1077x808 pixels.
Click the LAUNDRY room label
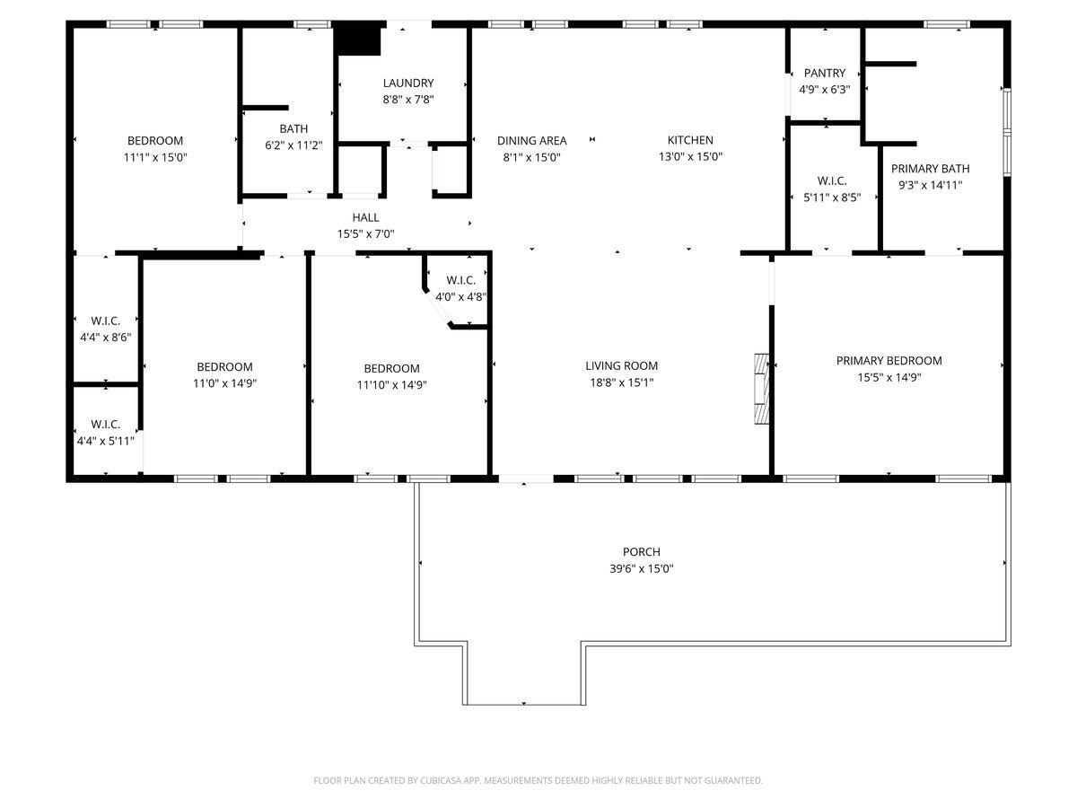click(x=407, y=83)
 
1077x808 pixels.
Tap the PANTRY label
click(x=824, y=73)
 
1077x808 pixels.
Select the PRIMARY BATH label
click(x=930, y=168)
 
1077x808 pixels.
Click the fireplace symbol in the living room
click(x=762, y=388)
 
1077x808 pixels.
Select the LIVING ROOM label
click(x=621, y=365)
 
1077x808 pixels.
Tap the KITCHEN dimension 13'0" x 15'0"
click(x=690, y=156)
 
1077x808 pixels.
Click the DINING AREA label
click(x=531, y=140)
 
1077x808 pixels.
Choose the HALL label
click(x=365, y=217)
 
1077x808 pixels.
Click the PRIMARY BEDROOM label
click(x=889, y=361)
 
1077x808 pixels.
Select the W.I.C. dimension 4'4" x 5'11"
click(x=105, y=440)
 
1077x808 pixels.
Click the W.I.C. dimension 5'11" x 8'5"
click(x=832, y=198)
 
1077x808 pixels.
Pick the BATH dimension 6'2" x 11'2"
click(x=293, y=145)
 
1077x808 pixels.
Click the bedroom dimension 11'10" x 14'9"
click(x=391, y=384)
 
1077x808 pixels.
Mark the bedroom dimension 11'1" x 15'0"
click(x=155, y=156)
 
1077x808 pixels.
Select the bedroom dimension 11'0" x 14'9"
click(x=224, y=382)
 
